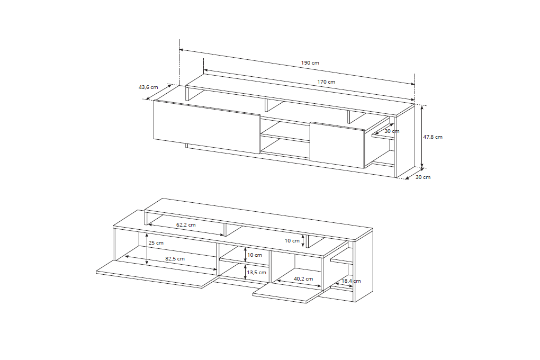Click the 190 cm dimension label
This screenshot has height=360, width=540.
click(x=310, y=62)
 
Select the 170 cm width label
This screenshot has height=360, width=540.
click(x=326, y=82)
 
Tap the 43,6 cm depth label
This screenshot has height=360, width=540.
click(x=148, y=87)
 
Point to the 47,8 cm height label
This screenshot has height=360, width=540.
click(x=433, y=137)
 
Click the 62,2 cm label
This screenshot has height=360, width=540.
click(x=186, y=225)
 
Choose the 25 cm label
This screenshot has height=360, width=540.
click(x=156, y=243)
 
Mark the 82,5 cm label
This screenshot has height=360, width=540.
click(x=175, y=259)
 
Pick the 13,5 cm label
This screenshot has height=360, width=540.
click(x=257, y=273)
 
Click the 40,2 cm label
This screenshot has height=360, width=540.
click(x=303, y=278)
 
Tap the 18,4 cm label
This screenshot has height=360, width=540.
click(x=351, y=281)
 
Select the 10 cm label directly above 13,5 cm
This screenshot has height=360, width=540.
click(x=255, y=255)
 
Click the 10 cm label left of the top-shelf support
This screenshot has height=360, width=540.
click(x=292, y=241)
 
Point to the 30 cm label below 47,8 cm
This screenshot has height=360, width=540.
click(x=423, y=177)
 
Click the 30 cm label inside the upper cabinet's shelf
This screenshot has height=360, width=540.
click(x=392, y=131)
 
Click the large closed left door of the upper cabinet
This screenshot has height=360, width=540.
click(x=206, y=127)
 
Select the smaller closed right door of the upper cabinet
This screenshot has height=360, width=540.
click(x=337, y=145)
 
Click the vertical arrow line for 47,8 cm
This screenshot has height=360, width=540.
click(x=422, y=137)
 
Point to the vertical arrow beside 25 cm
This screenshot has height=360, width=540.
click(x=147, y=249)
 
